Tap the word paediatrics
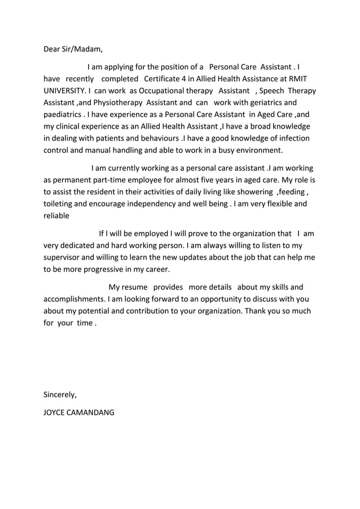pyautogui.click(x=63, y=115)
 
